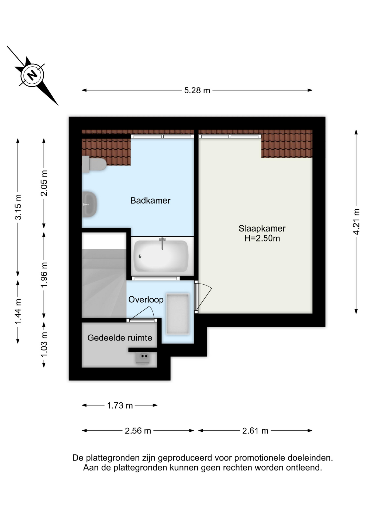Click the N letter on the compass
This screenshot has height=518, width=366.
tap(32, 75)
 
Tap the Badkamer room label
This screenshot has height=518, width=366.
tap(150, 200)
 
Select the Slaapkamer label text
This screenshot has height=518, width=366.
tap(262, 229)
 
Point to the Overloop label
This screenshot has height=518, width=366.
tap(146, 299)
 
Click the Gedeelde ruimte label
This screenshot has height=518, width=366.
tap(120, 338)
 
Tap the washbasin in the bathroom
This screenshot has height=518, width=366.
tap(89, 204)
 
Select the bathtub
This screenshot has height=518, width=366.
tap(161, 256)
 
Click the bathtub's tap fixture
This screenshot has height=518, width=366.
tap(162, 243)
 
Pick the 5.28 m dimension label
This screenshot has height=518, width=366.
tap(197, 90)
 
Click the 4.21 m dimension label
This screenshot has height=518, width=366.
tap(356, 222)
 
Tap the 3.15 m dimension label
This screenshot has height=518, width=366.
tap(18, 207)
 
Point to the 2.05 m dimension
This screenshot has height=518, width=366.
tap(44, 183)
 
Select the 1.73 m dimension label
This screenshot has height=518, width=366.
tap(120, 405)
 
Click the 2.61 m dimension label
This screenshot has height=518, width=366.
tap(255, 431)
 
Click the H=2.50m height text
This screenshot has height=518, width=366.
tap(262, 238)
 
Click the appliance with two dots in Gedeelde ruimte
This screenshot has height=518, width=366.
tap(143, 358)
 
